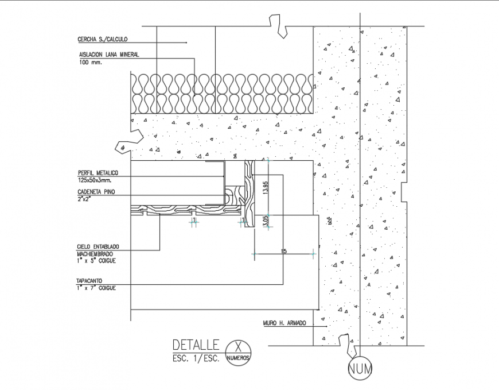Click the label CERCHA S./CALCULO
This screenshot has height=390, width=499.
(102, 40)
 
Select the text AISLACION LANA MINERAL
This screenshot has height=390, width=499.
(109, 55)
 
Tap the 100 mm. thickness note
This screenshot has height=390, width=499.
(90, 62)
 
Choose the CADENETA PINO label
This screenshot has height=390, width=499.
(95, 192)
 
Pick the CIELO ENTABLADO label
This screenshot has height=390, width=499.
(99, 246)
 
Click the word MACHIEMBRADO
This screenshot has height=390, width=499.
(95, 253)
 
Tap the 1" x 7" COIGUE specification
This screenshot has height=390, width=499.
(96, 288)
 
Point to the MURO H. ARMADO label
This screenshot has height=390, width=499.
(284, 323)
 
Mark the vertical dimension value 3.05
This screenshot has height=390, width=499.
(265, 221)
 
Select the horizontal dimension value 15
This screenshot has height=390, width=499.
(283, 250)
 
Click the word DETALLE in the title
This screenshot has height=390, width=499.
(196, 345)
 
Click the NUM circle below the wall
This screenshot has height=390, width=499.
(360, 369)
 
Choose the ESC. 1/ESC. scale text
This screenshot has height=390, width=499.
(196, 358)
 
